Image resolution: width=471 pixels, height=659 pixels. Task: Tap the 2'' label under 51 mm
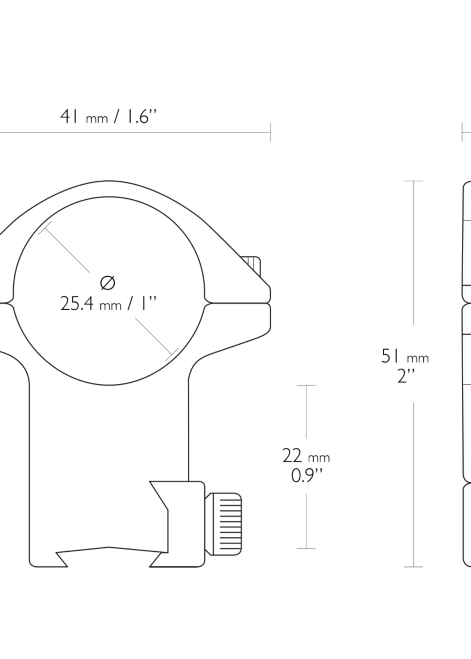pyautogui.click(x=405, y=377)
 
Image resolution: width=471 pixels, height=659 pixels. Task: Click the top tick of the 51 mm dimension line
pyautogui.click(x=414, y=181)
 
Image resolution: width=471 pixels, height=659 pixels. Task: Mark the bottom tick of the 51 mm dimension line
pyautogui.click(x=414, y=567)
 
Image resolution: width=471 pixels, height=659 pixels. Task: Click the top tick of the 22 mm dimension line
pyautogui.click(x=306, y=385)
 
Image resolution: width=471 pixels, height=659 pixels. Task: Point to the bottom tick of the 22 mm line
pyautogui.click(x=306, y=548)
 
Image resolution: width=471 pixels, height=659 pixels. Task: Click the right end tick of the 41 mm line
pyautogui.click(x=270, y=132)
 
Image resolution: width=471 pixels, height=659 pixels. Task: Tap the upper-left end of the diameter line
pyautogui.click(x=45, y=228)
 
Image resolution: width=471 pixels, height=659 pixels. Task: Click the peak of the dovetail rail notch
pyautogui.click(x=109, y=547)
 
